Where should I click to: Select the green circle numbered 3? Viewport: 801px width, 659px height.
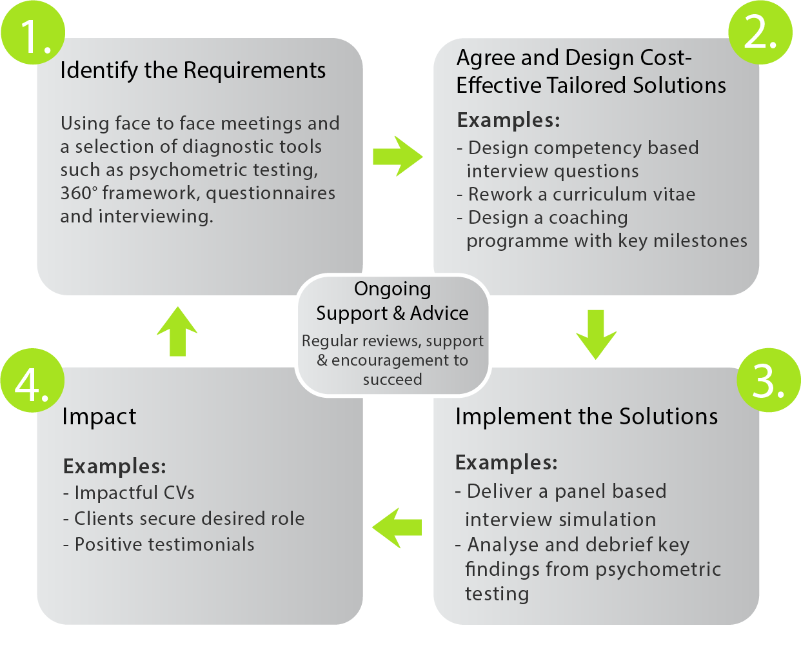click(x=768, y=380)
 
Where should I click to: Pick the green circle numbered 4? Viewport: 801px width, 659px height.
click(x=32, y=380)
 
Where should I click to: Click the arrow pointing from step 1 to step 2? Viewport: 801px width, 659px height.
click(x=397, y=156)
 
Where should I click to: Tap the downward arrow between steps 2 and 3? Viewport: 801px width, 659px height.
click(x=596, y=333)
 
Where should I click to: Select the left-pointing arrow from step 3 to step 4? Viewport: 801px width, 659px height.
click(x=397, y=527)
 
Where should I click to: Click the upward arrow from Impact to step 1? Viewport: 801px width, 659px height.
click(x=177, y=331)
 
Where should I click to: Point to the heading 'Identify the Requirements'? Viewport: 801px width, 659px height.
click(x=193, y=70)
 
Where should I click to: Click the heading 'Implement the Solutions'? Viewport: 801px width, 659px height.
click(x=586, y=417)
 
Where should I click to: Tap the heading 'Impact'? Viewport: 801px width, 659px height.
click(x=99, y=417)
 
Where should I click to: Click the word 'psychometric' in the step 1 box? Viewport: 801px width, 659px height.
click(x=180, y=170)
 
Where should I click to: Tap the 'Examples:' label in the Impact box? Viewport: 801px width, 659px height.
click(x=115, y=466)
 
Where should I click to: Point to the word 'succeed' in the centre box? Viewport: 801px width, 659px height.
click(x=392, y=379)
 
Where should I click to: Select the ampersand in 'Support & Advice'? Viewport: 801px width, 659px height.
click(x=399, y=313)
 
